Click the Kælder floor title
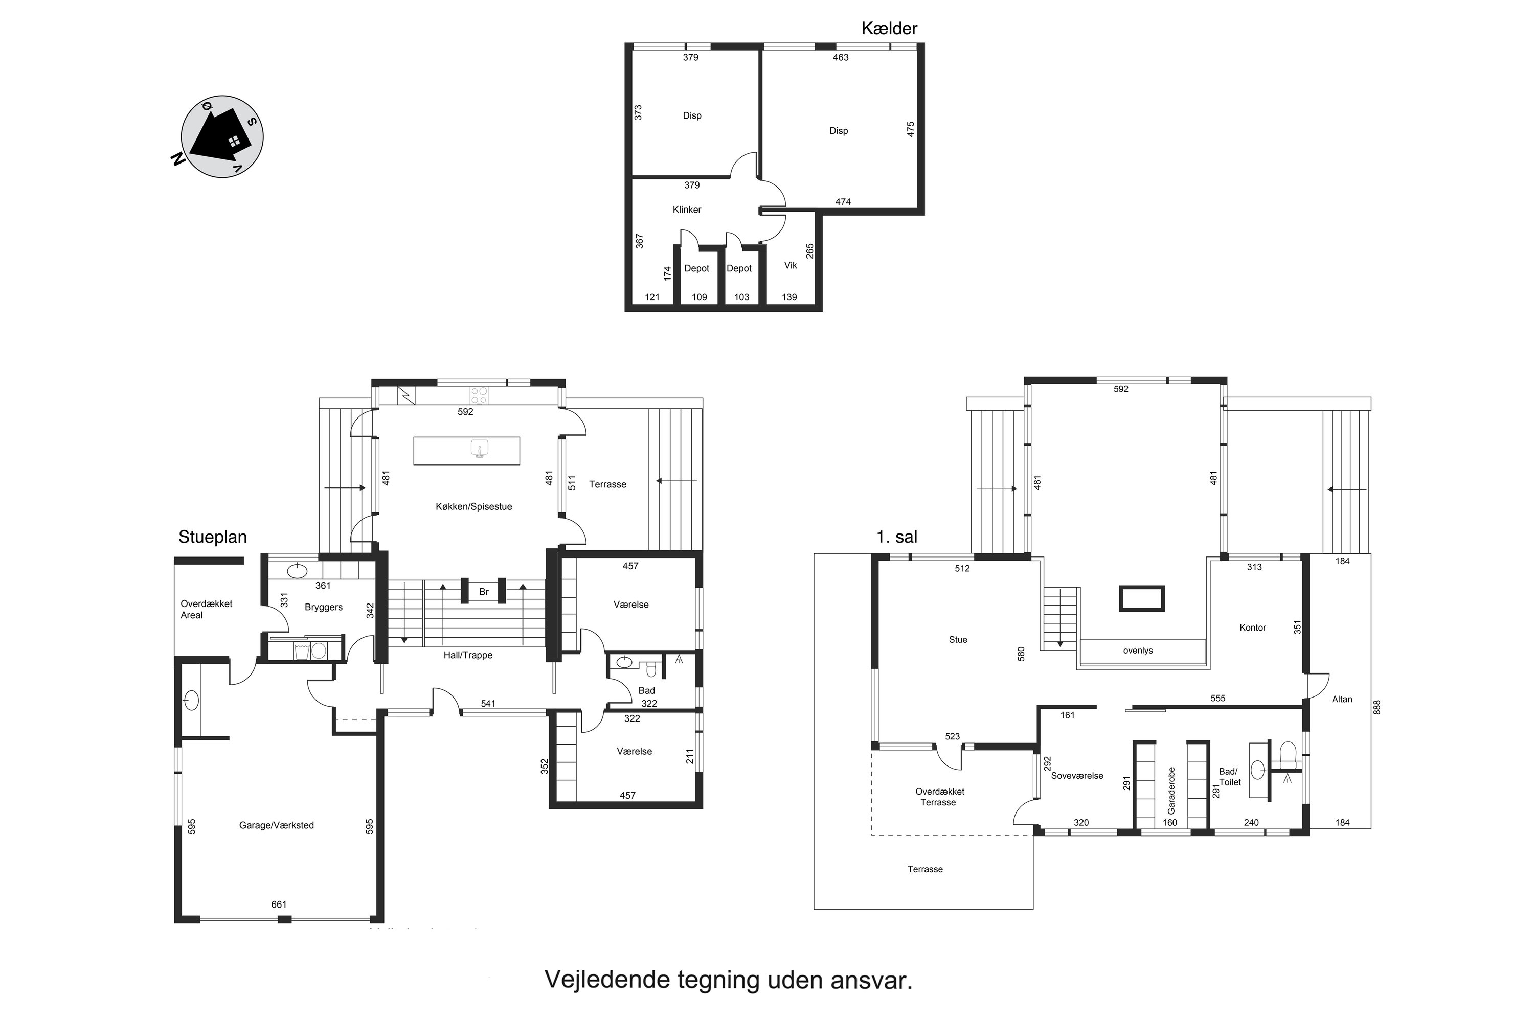click(x=889, y=28)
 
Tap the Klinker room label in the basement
click(x=687, y=209)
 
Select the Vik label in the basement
click(x=791, y=265)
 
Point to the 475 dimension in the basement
click(x=911, y=129)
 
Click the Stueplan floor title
click(x=213, y=537)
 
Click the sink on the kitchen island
click(x=480, y=449)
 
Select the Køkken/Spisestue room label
click(x=473, y=506)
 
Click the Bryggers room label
click(x=324, y=607)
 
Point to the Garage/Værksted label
click(x=277, y=825)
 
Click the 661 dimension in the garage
click(x=279, y=904)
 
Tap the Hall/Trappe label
click(x=468, y=655)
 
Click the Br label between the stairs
click(x=484, y=592)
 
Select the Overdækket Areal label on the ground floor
click(x=206, y=610)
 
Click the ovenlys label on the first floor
click(x=1137, y=651)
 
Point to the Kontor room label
click(x=1252, y=628)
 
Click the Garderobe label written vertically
click(x=1171, y=790)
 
